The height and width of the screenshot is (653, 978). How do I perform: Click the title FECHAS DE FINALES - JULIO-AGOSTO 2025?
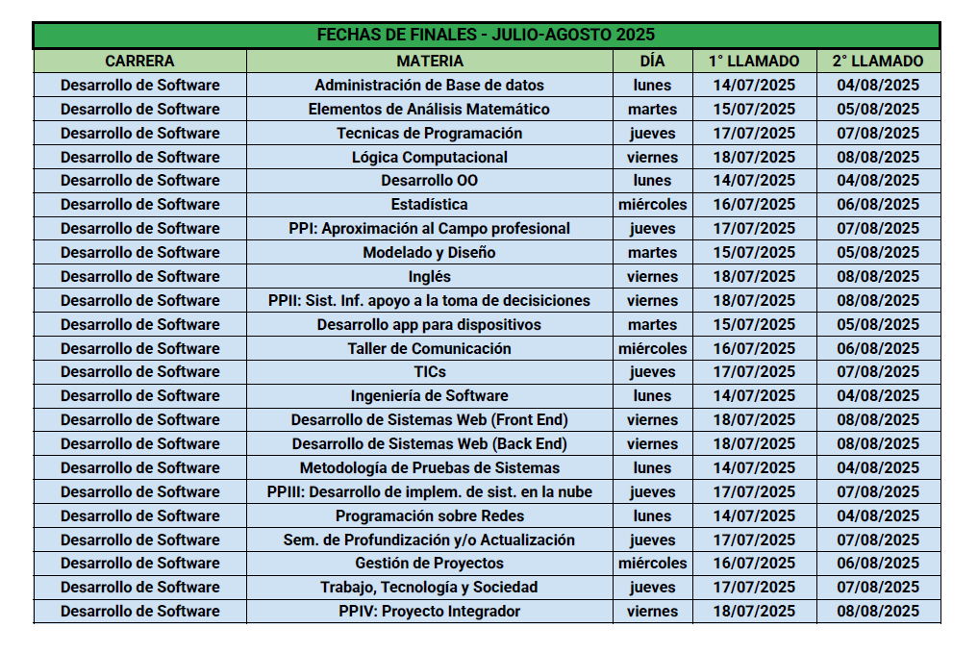(x=486, y=36)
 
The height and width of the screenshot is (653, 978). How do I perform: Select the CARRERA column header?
(x=139, y=61)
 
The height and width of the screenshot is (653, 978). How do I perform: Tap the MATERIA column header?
(x=429, y=61)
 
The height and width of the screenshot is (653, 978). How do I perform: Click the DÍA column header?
(x=652, y=61)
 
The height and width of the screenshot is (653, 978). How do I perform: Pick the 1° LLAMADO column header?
(x=754, y=61)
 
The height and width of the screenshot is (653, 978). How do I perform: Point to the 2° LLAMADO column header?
(x=878, y=61)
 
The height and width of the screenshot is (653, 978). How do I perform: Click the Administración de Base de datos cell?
(x=429, y=85)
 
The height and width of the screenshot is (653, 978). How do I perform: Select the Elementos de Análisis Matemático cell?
(x=429, y=109)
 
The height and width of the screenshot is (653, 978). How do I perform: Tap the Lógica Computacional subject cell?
(x=429, y=157)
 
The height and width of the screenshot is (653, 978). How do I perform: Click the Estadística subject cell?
(x=429, y=204)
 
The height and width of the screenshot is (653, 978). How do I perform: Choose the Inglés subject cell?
(x=429, y=276)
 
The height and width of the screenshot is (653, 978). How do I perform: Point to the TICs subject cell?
(x=429, y=371)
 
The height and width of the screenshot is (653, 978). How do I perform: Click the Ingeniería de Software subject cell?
(x=429, y=395)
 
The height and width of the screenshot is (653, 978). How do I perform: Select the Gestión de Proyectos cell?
(x=429, y=563)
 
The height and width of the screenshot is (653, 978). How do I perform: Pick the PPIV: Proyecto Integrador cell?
(x=429, y=611)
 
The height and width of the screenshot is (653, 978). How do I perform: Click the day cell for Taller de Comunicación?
(x=652, y=348)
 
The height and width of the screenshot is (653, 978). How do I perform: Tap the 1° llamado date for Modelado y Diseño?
(x=754, y=252)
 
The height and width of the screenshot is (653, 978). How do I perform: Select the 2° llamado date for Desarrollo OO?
(x=878, y=180)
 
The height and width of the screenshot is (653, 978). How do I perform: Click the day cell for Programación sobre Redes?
(x=652, y=515)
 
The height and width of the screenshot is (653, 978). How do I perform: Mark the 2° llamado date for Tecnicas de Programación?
(x=878, y=133)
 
